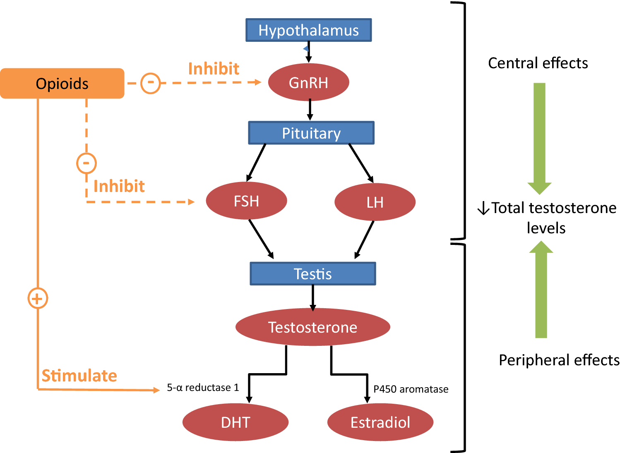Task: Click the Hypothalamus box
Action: [309, 30]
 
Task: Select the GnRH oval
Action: [309, 82]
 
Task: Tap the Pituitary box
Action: [311, 133]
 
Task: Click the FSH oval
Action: [246, 201]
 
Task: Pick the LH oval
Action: [375, 202]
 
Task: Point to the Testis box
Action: [313, 274]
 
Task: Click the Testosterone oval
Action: [313, 327]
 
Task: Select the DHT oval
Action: [236, 422]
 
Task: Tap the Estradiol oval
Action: [380, 422]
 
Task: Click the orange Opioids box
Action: [62, 84]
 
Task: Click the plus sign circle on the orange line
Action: [38, 298]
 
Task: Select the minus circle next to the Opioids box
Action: [151, 83]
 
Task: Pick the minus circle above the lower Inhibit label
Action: [87, 163]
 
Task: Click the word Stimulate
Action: [79, 376]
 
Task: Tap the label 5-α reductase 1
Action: [203, 388]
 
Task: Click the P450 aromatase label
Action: [411, 389]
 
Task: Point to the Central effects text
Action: [538, 63]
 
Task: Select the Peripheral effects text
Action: [559, 360]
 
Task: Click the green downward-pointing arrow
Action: [539, 137]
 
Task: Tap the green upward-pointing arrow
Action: [541, 290]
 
